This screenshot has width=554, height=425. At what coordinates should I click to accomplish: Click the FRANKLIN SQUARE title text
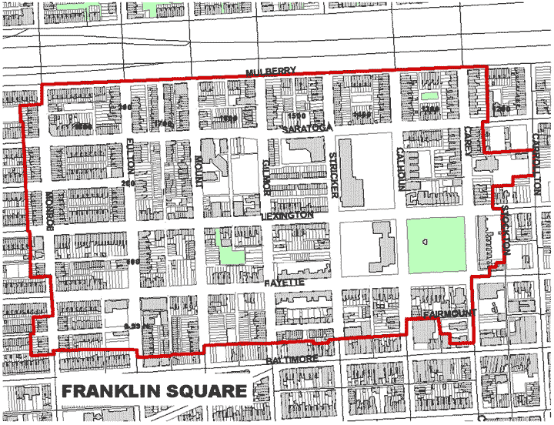coord(154,390)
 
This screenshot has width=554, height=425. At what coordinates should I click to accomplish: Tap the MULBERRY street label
coord(271,72)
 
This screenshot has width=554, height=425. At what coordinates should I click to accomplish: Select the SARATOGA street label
coord(306,129)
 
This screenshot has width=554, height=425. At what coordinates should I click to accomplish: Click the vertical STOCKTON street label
coord(506,229)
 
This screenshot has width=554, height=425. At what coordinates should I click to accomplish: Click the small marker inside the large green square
coord(423,241)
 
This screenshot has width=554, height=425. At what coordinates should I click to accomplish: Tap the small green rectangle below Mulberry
coord(429,96)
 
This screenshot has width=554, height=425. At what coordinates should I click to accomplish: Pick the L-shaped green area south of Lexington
coord(229,253)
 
